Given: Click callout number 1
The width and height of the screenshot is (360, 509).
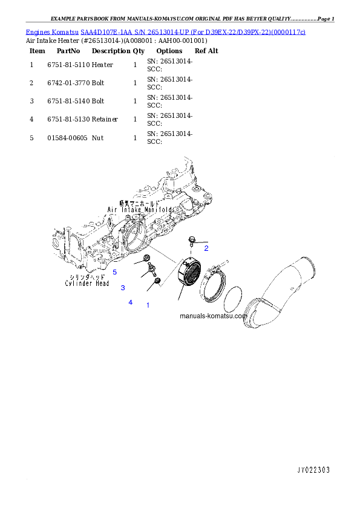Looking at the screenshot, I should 148,305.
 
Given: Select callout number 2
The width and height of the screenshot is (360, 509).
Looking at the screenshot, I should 206,248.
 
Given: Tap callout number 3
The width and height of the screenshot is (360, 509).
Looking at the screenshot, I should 122,288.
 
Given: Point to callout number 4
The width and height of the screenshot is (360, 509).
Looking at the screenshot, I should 130,302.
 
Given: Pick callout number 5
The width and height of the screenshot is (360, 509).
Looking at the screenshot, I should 114,272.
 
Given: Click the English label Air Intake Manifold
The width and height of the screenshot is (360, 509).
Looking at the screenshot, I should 140,210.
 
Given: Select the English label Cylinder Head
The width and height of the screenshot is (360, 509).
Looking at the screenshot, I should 87,283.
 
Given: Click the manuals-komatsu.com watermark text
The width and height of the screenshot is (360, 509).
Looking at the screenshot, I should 213,316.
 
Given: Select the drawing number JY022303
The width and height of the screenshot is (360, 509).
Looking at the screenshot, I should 313,470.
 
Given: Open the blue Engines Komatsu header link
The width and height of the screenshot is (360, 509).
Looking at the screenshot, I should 165,31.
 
